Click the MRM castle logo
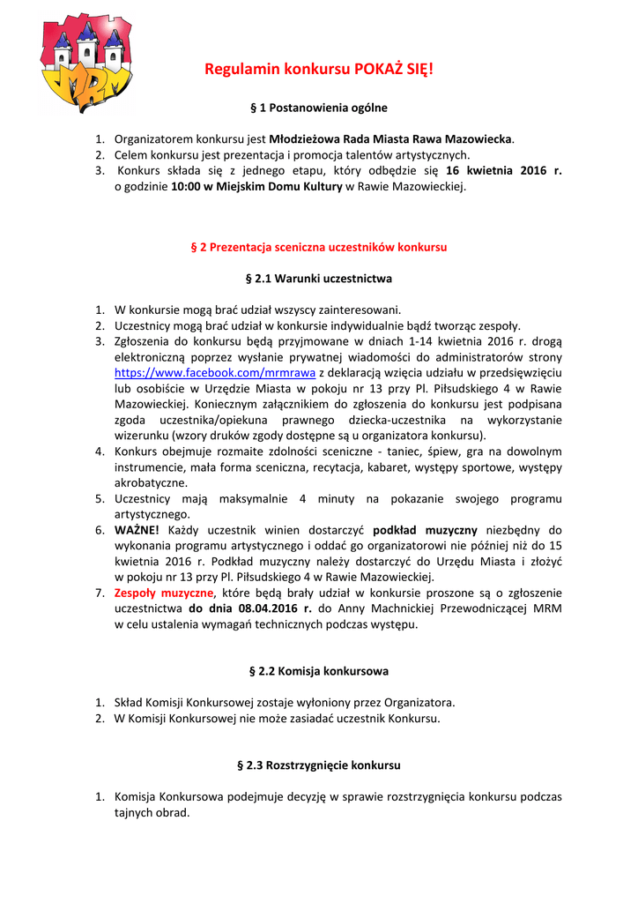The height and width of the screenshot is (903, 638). [x=85, y=63]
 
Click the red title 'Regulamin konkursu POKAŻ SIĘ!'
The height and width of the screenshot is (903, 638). [x=319, y=69]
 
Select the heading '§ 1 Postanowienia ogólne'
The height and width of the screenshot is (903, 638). [x=319, y=108]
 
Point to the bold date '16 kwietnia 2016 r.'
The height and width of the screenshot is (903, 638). [x=504, y=171]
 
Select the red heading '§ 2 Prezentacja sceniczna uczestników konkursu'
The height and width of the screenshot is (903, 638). [x=319, y=247]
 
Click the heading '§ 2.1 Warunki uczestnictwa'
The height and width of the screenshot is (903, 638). [x=319, y=279]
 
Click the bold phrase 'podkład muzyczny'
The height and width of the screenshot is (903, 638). [x=426, y=530]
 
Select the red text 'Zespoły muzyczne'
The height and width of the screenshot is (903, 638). [x=165, y=593]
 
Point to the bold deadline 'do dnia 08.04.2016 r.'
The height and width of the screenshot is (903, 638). [x=250, y=608]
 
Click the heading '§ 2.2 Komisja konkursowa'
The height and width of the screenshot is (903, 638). [x=319, y=671]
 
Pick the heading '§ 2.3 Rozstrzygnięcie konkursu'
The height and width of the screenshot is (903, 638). [x=319, y=765]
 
